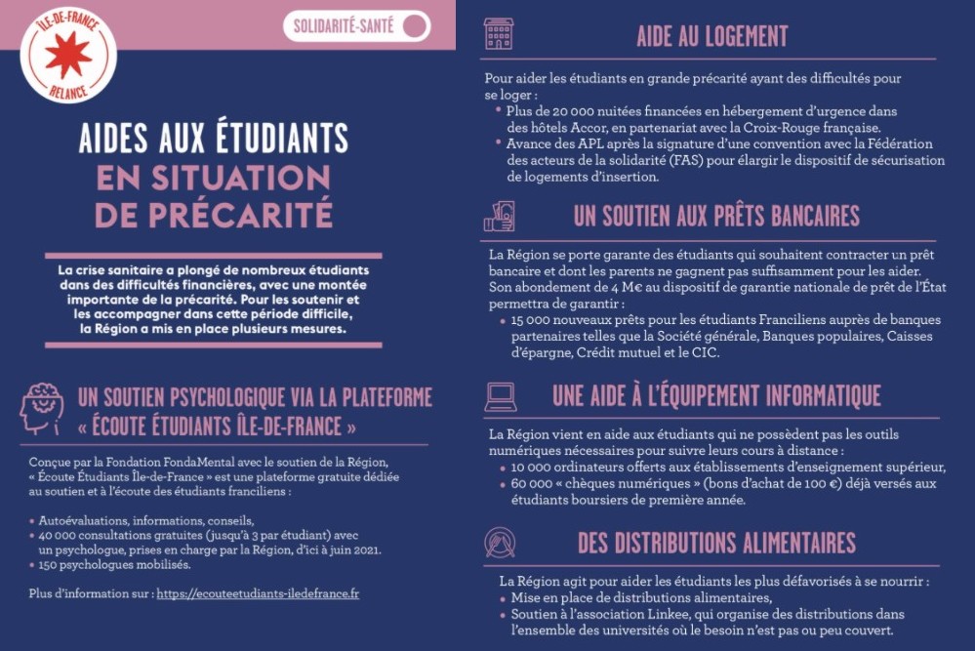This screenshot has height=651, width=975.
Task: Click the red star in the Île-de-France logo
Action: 68,54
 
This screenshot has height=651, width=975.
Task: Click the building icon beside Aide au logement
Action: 499,34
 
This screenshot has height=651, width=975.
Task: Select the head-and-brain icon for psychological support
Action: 41,409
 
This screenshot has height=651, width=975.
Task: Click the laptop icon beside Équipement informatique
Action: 500,396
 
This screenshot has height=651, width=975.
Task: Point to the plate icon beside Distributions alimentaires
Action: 500,543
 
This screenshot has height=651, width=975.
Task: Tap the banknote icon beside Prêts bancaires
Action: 500,216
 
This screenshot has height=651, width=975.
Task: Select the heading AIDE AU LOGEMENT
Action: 712,36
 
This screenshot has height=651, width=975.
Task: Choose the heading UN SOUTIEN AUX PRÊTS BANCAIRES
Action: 716,216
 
